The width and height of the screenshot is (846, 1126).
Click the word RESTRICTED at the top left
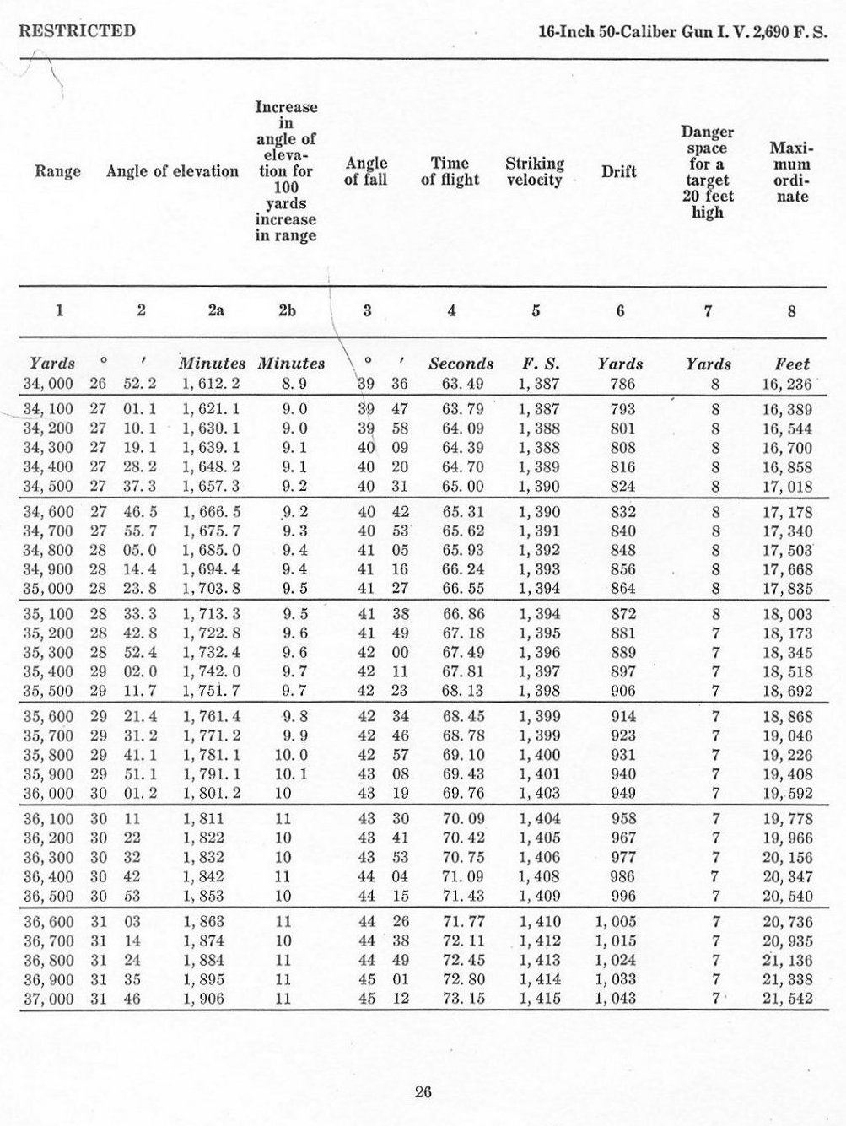(77, 31)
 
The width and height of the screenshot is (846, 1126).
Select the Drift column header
(618, 172)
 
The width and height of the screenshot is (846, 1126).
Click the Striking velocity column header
(535, 171)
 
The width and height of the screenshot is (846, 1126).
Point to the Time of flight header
(450, 171)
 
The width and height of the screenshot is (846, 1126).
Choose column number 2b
(287, 310)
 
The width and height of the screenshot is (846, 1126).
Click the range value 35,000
(48, 589)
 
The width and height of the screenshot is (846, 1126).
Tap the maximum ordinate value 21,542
(787, 999)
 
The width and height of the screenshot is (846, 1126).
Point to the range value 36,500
(48, 896)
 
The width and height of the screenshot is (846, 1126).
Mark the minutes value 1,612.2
(212, 384)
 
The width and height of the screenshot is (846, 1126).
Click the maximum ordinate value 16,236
(787, 384)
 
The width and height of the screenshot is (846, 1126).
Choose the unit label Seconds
(461, 364)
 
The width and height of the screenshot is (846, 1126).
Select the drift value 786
(622, 384)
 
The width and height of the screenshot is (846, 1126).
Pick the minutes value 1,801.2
(212, 793)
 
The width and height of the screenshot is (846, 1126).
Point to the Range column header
(57, 172)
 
